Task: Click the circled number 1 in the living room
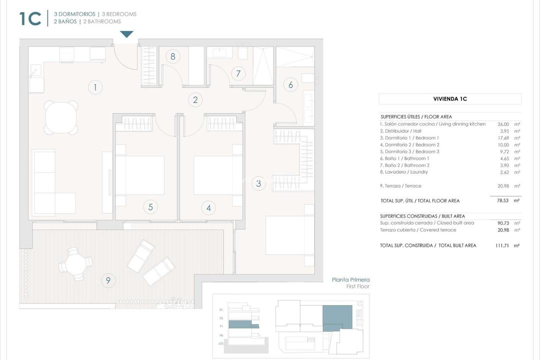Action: click(x=95, y=87)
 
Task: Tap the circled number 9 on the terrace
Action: click(x=108, y=280)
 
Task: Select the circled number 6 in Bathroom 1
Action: click(x=291, y=84)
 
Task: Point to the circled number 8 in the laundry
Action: click(x=173, y=56)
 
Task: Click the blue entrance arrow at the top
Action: click(x=127, y=34)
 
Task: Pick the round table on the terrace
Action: click(x=75, y=263)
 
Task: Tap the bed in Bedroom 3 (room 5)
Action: click(x=140, y=175)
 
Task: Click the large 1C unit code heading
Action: click(x=30, y=18)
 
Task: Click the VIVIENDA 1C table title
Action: click(x=449, y=99)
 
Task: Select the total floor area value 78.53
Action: click(x=502, y=200)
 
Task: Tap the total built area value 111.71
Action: click(x=501, y=245)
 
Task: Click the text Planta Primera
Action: click(x=350, y=280)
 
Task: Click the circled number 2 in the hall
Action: click(x=195, y=99)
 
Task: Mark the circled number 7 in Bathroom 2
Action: click(x=238, y=73)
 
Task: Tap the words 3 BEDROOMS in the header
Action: click(x=119, y=14)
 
